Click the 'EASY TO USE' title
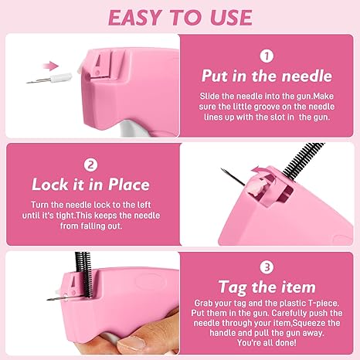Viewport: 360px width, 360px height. point(180,18)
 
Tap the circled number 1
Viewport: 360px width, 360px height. point(267,56)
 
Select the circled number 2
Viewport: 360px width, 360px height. point(90,165)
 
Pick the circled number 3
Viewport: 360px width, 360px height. point(267,267)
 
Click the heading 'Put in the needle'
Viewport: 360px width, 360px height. point(267,76)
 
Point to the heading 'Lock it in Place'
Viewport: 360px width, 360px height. point(90,185)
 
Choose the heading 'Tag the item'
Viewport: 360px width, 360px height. point(267,287)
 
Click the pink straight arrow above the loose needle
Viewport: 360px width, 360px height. point(51,66)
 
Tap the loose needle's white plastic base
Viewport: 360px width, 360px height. point(61,77)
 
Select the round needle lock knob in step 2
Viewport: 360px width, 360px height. point(253,188)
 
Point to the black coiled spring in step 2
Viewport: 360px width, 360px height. point(303,160)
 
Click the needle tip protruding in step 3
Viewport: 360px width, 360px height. point(48,300)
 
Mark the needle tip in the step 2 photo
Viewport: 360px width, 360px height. point(222,169)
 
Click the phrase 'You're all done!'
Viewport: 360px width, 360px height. point(267,343)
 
